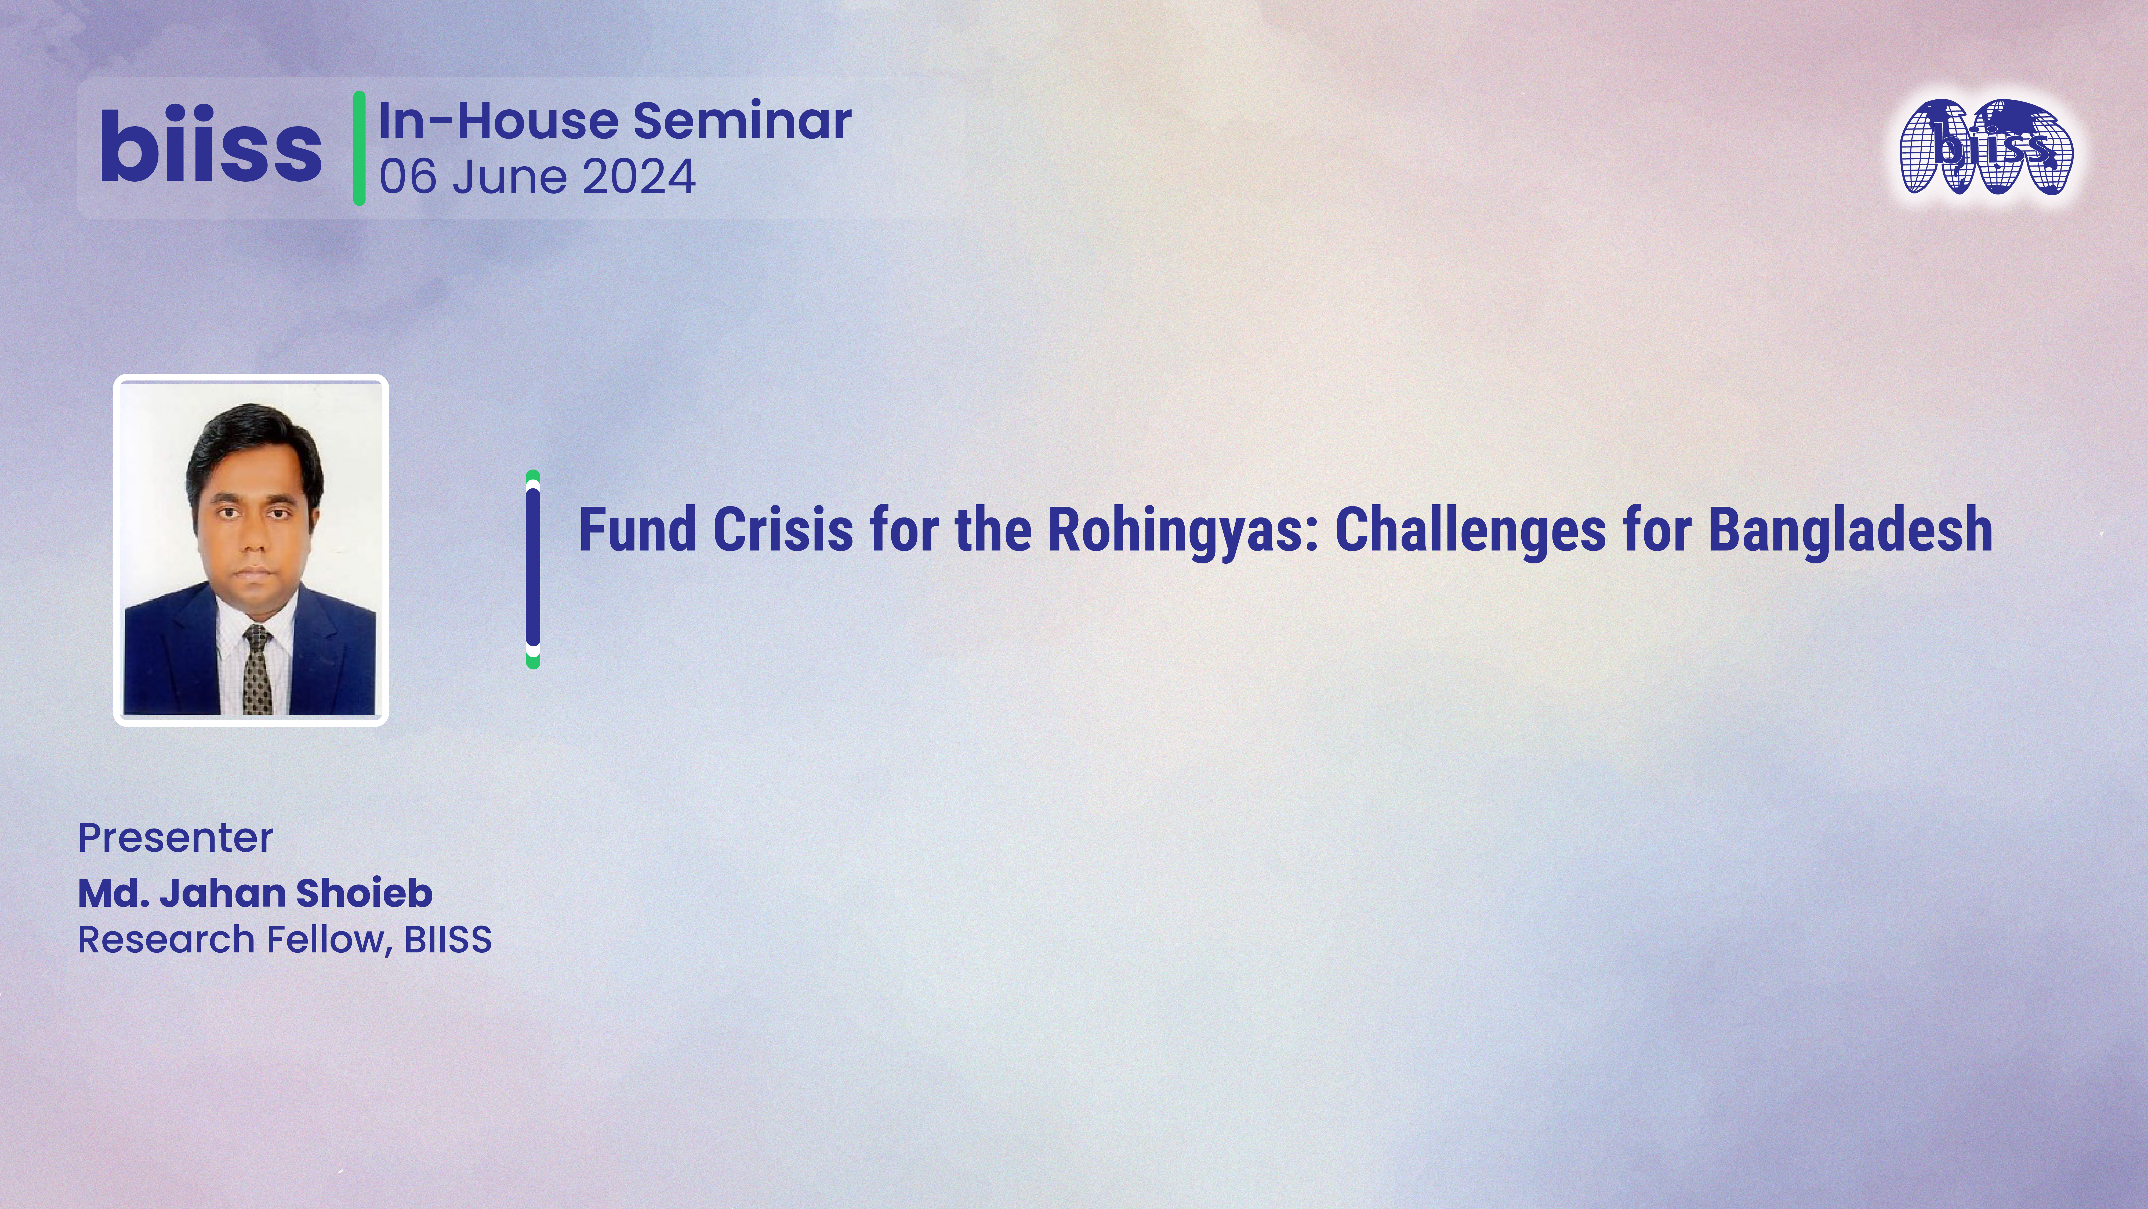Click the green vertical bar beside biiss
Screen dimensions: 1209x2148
[360, 148]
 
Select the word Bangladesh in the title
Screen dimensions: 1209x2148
[1850, 531]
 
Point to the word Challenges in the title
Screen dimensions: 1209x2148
[1470, 531]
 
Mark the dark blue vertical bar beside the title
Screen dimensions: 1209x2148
[533, 569]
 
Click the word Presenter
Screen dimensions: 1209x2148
[175, 838]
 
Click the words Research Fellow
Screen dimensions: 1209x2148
[232, 940]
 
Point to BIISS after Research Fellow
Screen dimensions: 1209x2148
[448, 940]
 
